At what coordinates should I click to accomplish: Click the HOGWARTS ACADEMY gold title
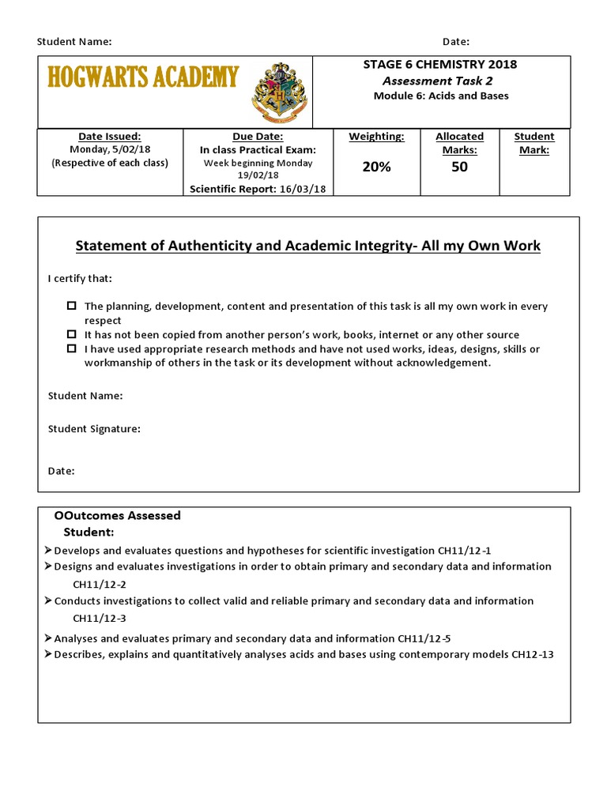143,77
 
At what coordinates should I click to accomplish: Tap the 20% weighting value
376,167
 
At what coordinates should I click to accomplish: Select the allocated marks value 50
459,167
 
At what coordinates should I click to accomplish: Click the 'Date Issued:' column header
110,137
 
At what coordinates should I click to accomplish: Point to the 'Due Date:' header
258,137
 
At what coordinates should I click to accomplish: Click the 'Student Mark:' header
534,143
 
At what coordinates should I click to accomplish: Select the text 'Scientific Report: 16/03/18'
258,189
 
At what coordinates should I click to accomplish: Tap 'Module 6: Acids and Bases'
440,96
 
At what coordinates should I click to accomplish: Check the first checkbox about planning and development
72,306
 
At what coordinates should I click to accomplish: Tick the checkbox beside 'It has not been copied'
72,334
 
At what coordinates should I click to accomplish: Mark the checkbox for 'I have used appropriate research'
72,348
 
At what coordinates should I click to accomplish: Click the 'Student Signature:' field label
94,429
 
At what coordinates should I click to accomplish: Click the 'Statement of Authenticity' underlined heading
308,246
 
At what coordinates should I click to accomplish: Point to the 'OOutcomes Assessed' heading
117,515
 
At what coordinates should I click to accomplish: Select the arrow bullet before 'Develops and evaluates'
48,550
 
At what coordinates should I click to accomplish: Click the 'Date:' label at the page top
456,41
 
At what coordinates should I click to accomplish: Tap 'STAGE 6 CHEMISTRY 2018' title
439,65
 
